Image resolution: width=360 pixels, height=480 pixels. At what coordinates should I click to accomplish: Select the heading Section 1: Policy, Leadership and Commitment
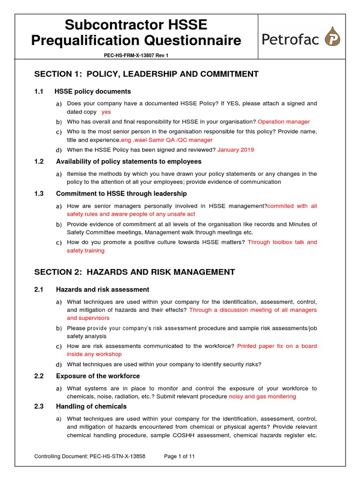click(146, 74)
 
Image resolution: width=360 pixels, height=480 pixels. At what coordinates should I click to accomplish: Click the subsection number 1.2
click(39, 162)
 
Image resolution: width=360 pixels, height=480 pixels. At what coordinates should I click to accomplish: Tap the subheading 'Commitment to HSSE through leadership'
click(121, 194)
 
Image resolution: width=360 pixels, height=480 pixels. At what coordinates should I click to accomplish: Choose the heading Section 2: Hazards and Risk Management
click(135, 272)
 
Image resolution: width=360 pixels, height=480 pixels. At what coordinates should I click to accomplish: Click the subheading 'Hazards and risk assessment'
click(103, 290)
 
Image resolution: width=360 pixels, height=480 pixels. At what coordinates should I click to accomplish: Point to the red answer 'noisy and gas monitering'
click(262, 397)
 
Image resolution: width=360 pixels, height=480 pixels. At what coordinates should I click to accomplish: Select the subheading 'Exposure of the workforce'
click(98, 376)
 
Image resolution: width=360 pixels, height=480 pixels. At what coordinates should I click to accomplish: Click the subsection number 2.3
click(39, 406)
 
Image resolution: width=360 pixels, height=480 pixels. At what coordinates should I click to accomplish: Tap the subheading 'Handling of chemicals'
click(91, 406)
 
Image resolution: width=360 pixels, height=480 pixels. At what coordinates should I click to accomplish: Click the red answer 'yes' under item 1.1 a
click(106, 112)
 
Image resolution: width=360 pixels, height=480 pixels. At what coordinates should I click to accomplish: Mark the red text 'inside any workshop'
click(94, 354)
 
